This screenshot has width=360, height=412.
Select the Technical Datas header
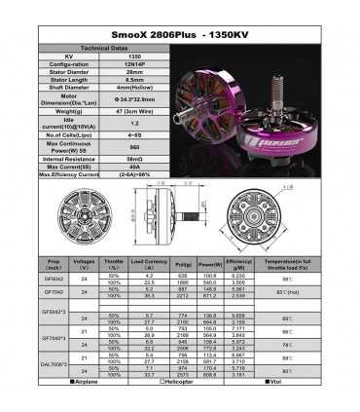(101, 46)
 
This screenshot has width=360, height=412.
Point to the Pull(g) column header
(182, 263)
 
